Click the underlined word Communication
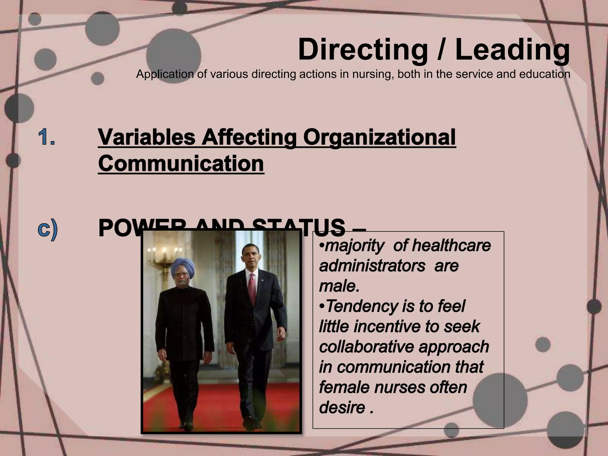point(181,164)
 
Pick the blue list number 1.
point(47,137)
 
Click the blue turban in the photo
point(183,267)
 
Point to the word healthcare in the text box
point(451,246)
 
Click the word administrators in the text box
point(372,266)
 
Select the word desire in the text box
point(342,407)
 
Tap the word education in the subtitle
point(544,74)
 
